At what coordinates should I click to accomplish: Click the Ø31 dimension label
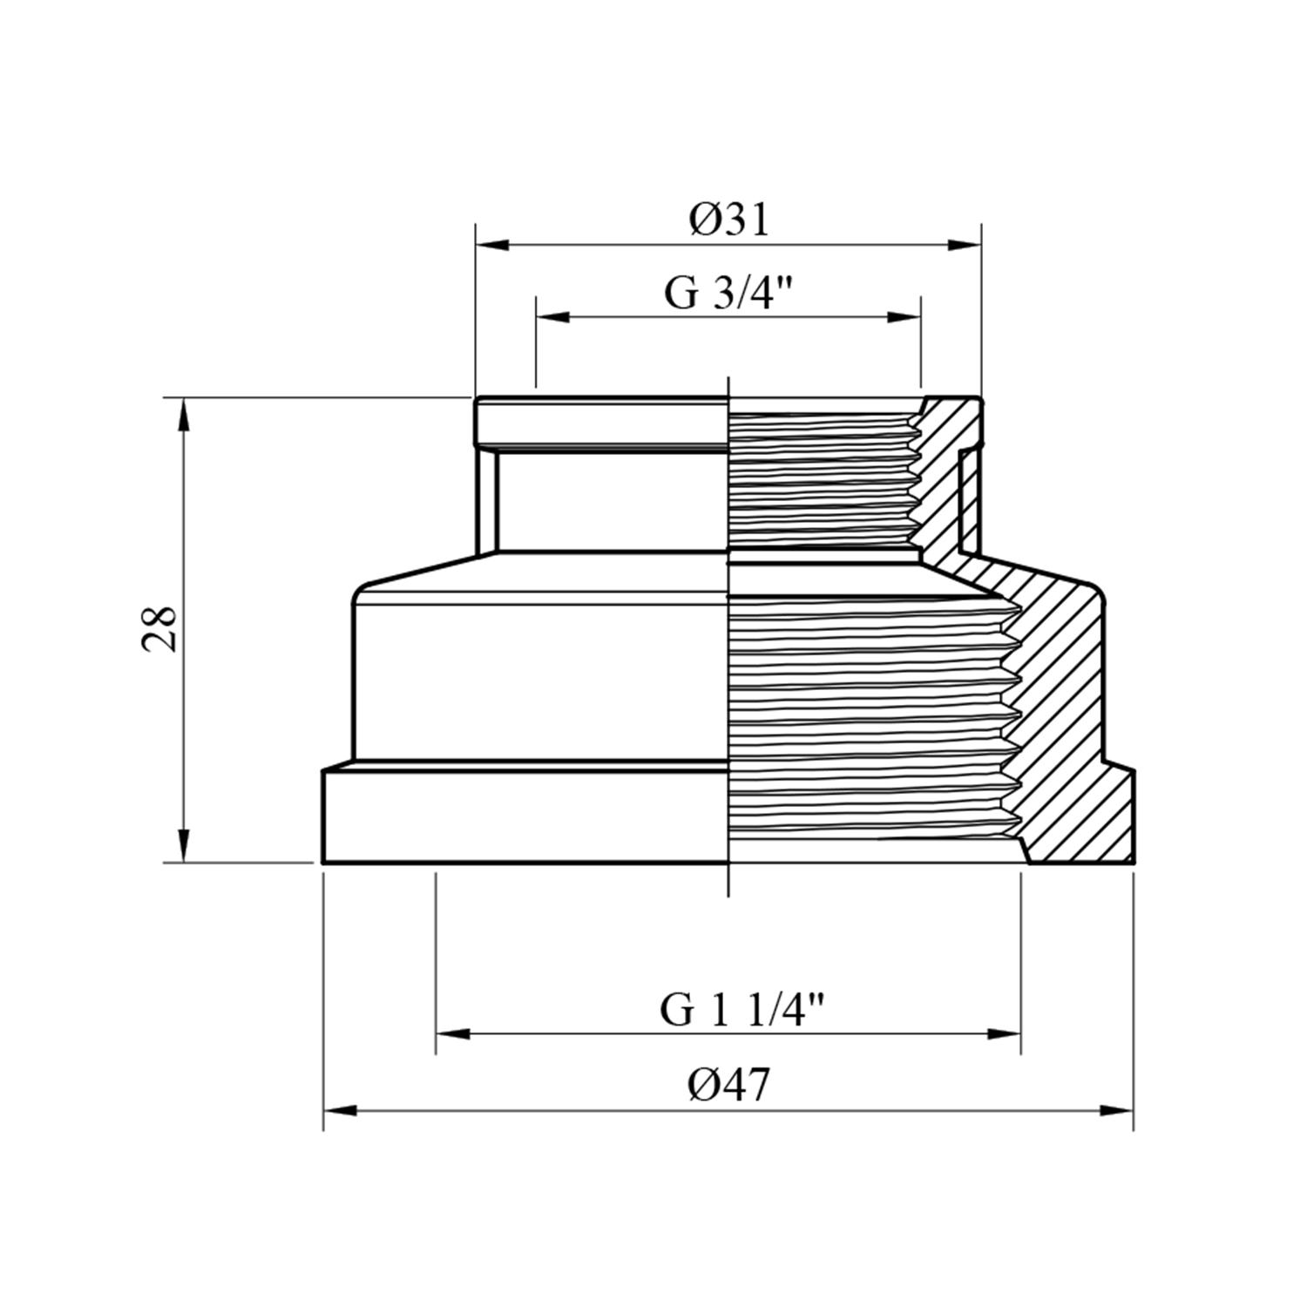pyautogui.click(x=730, y=220)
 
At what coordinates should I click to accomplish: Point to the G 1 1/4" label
pyautogui.click(x=742, y=1011)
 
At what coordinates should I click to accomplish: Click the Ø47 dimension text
pyautogui.click(x=729, y=1086)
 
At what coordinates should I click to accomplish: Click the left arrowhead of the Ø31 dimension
pyautogui.click(x=492, y=246)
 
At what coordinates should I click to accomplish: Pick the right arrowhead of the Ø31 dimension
pyautogui.click(x=965, y=246)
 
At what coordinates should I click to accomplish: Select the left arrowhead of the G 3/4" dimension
pyautogui.click(x=553, y=316)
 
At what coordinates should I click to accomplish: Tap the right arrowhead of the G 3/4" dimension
pyautogui.click(x=904, y=316)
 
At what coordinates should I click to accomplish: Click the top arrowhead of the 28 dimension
pyautogui.click(x=184, y=415)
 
